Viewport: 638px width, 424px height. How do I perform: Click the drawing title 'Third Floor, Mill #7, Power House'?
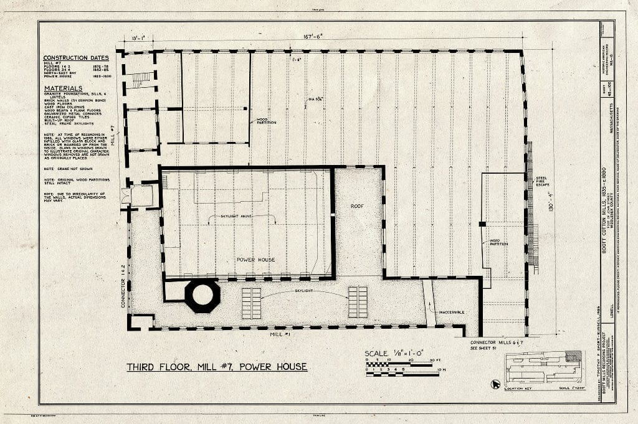(217, 367)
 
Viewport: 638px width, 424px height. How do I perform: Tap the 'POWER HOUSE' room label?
(256, 259)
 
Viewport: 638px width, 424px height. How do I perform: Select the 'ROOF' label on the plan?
(357, 206)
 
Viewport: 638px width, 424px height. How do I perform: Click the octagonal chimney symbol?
(202, 296)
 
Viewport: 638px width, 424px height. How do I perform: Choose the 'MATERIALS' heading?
(64, 88)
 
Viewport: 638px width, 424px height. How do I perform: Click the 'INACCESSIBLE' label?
(452, 312)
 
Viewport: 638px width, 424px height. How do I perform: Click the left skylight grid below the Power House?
(251, 303)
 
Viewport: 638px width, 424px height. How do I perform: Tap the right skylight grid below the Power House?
(358, 302)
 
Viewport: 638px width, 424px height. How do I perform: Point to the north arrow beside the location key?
(496, 384)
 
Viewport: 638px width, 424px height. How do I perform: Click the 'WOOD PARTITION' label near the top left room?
(266, 121)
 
